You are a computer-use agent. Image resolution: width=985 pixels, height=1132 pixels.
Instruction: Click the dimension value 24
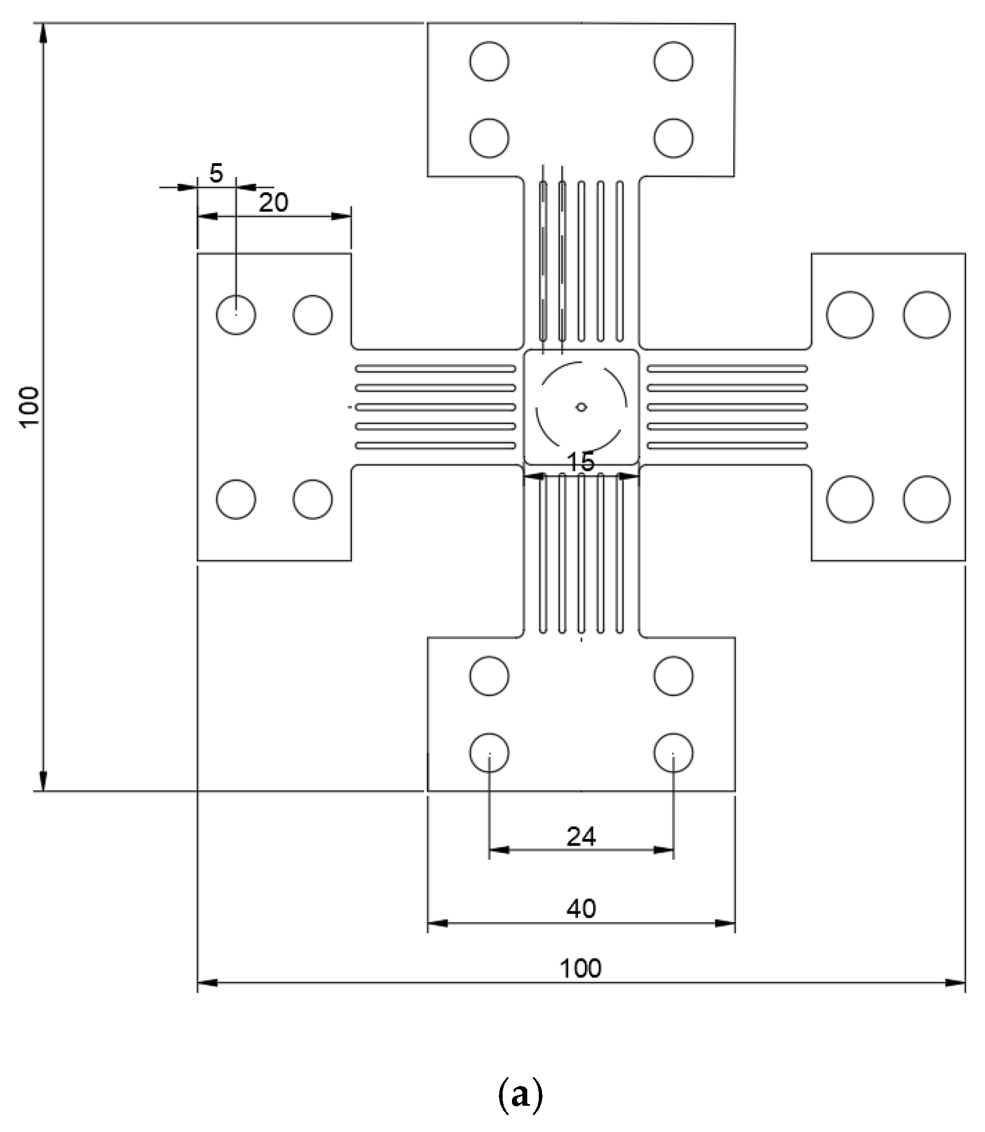(581, 837)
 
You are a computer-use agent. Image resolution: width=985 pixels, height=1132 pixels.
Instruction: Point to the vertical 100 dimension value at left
(30, 407)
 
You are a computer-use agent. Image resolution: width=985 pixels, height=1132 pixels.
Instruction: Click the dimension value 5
(216, 174)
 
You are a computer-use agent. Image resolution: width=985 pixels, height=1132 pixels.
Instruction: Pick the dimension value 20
(273, 203)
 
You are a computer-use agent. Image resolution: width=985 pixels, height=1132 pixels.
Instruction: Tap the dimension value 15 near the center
(580, 462)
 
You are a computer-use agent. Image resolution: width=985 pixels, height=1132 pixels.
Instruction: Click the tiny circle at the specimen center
(581, 407)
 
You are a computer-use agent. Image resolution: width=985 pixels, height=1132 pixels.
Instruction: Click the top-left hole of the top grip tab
(488, 61)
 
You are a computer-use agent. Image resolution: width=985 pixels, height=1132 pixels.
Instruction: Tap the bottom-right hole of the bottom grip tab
(673, 752)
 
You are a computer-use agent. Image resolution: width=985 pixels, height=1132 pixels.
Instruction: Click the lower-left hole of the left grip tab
(236, 499)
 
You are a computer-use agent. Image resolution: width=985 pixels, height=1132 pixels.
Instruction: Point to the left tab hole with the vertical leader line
(236, 314)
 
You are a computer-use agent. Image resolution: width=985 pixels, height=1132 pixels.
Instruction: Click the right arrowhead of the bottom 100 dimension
(956, 982)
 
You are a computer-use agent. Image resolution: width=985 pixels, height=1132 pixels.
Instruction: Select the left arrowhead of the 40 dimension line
(437, 924)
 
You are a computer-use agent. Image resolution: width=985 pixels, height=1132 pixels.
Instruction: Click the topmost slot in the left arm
(435, 369)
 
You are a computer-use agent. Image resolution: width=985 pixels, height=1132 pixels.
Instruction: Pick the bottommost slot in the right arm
(727, 445)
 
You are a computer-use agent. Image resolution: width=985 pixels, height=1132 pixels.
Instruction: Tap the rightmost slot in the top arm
(619, 262)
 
